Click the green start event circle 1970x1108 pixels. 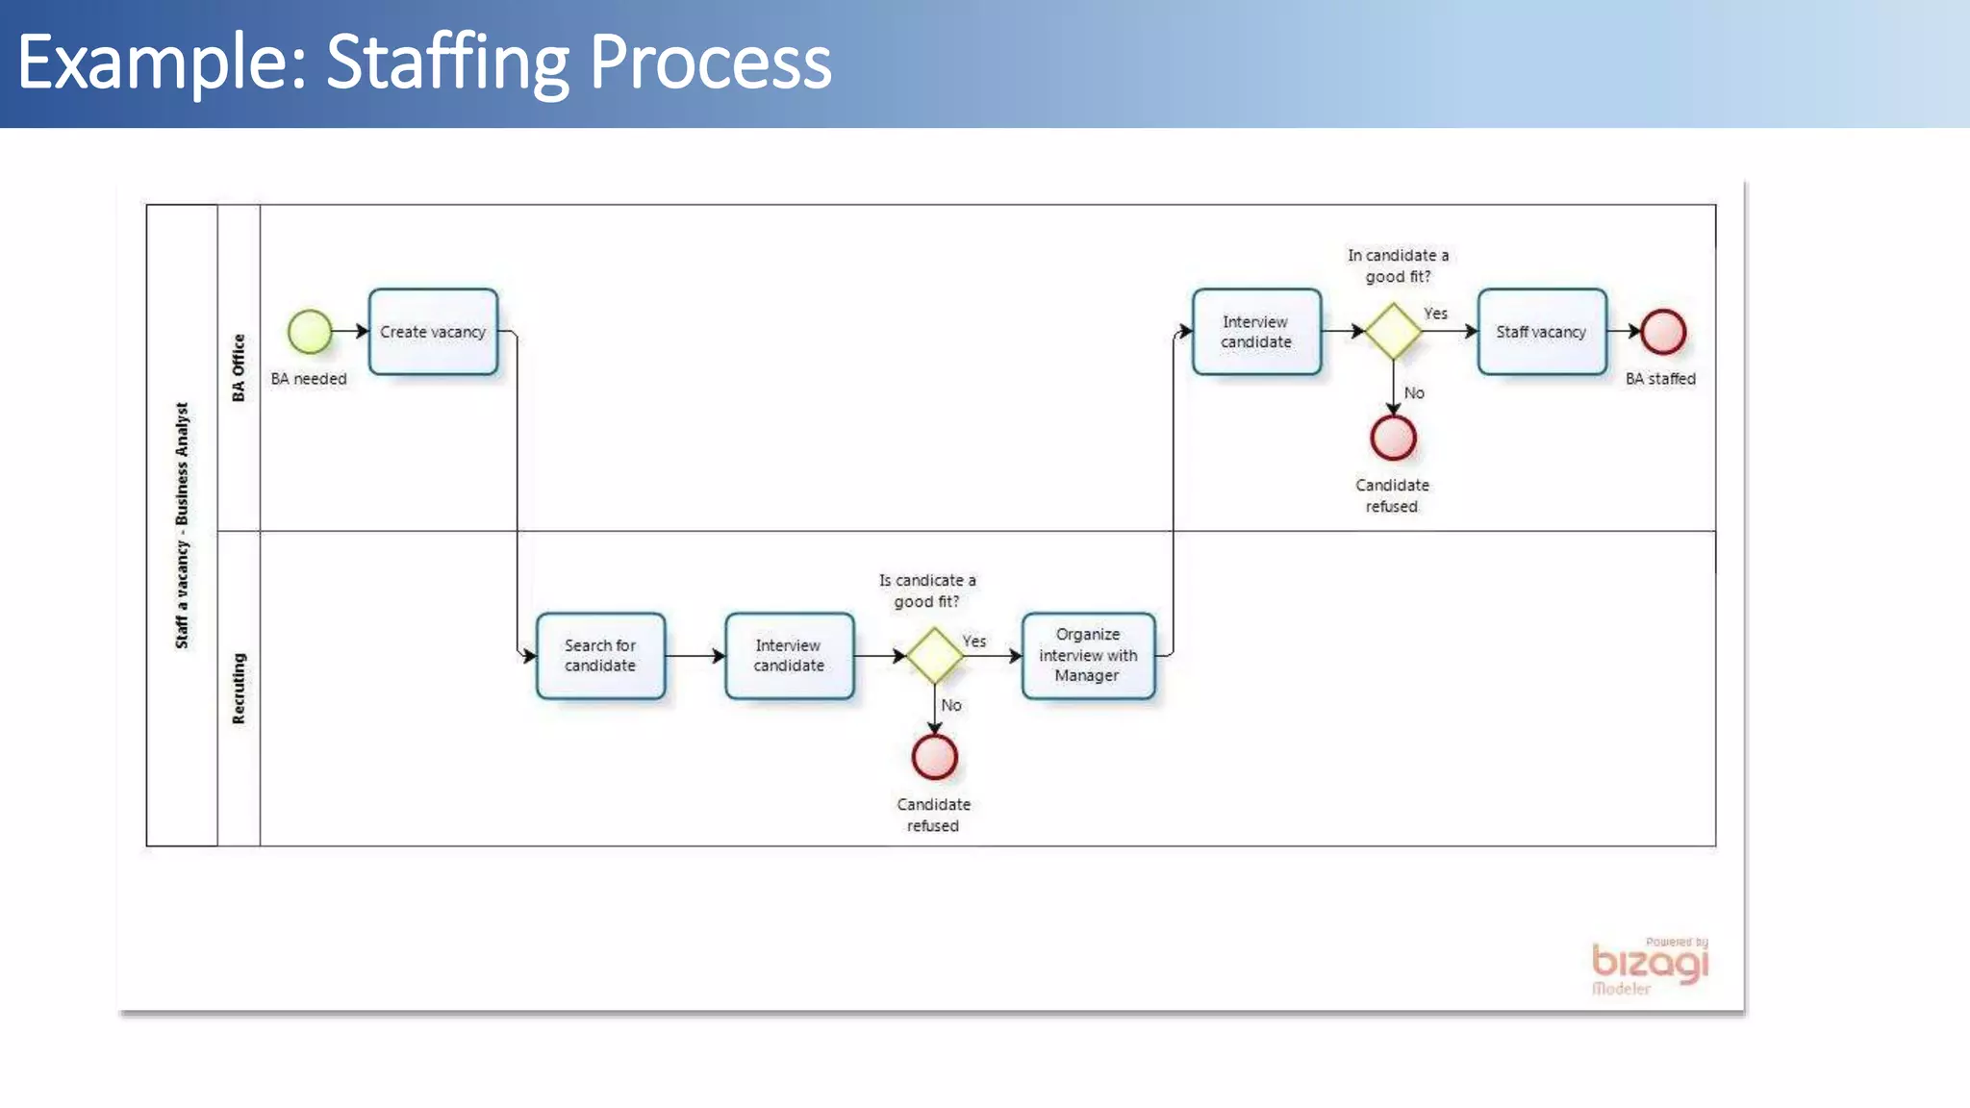coord(310,332)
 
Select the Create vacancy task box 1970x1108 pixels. coord(433,332)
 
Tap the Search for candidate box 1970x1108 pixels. coord(600,656)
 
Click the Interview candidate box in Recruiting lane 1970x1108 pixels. coord(789,656)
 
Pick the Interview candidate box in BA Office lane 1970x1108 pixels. coord(1256,332)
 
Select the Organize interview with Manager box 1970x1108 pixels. coord(1088,656)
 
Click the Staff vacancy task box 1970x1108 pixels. coord(1541,332)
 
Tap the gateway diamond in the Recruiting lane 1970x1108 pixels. coord(934,656)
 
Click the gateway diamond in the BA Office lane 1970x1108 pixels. coord(1393,332)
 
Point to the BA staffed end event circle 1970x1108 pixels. coord(1663,332)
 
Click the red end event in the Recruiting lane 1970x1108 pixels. coord(934,757)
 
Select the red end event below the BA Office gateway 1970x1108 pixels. coord(1393,439)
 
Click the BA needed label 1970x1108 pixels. coord(309,379)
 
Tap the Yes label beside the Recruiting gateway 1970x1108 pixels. coord(974,642)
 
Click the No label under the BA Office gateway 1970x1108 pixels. coord(1414,393)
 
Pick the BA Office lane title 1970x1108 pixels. coord(239,367)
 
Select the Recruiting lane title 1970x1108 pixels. coord(239,689)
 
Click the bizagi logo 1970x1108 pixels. coord(1650,965)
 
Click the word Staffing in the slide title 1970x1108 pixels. coord(448,63)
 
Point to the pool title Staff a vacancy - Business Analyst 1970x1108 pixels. coord(182,525)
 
